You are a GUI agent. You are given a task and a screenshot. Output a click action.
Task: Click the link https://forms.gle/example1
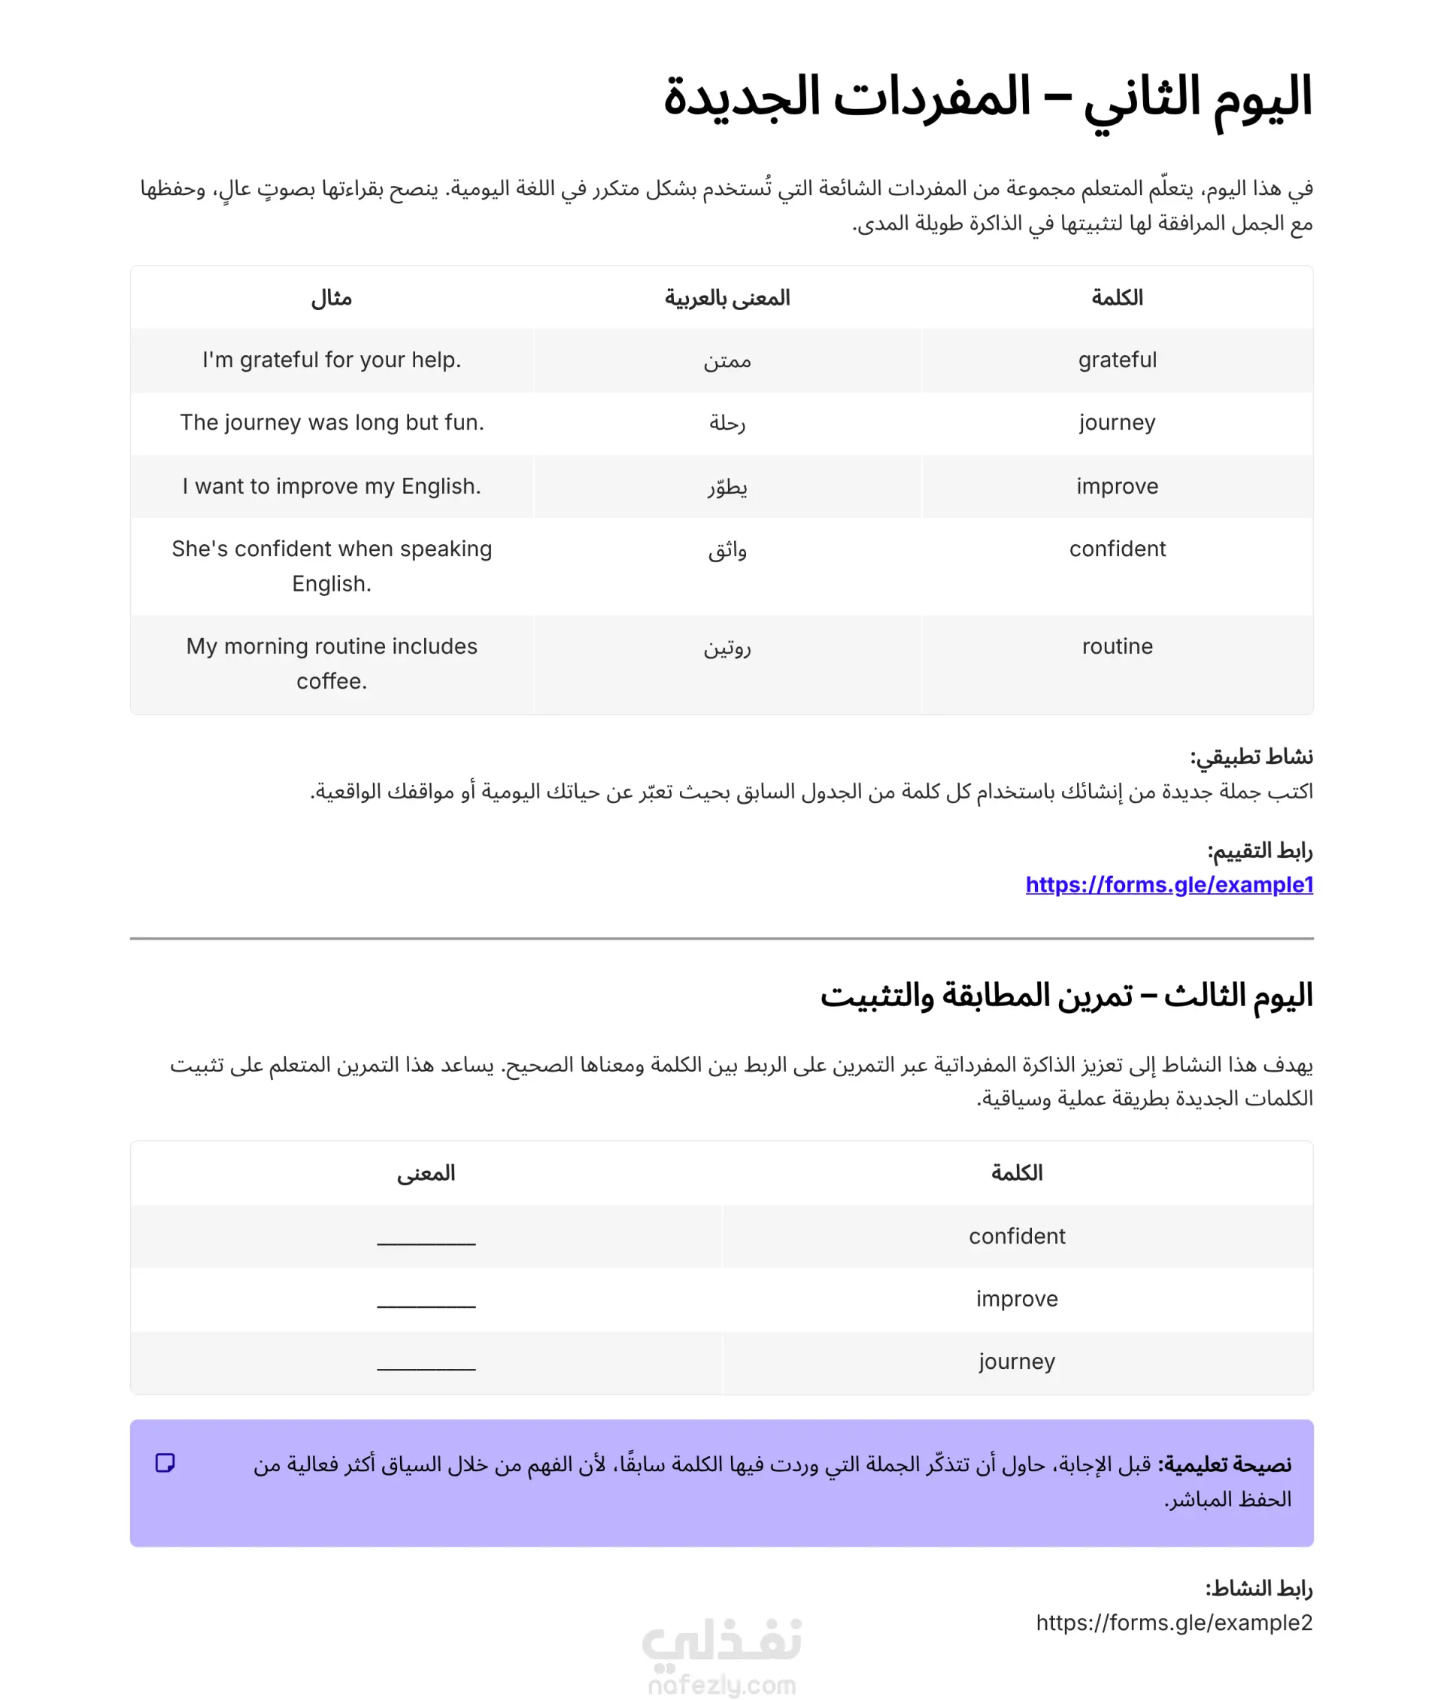click(1169, 884)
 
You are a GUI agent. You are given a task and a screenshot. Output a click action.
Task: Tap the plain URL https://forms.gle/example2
click(1174, 1622)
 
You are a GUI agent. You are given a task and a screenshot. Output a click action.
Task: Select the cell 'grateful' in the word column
click(1118, 360)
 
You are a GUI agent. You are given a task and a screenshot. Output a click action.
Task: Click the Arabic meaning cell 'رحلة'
click(727, 424)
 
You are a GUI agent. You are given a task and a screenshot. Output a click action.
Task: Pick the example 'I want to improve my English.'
click(332, 486)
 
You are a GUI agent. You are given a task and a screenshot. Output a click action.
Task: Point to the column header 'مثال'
click(332, 298)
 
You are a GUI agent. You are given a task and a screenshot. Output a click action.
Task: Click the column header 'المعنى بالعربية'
click(727, 298)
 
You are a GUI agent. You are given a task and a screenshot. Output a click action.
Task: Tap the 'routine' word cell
click(1118, 646)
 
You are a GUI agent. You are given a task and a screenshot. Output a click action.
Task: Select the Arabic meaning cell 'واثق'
click(727, 549)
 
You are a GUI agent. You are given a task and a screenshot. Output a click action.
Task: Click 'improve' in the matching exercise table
click(1017, 1299)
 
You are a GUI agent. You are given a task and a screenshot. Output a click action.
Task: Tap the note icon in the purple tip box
click(165, 1462)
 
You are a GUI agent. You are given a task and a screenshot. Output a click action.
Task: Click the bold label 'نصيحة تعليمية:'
click(1224, 1464)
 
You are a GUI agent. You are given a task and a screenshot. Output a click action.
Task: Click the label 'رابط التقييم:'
click(1260, 851)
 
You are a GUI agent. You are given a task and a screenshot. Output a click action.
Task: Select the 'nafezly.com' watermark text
click(721, 1684)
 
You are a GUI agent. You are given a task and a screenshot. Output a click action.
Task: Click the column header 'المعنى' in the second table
click(426, 1173)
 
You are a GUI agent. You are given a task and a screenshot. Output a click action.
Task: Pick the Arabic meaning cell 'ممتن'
click(727, 361)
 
